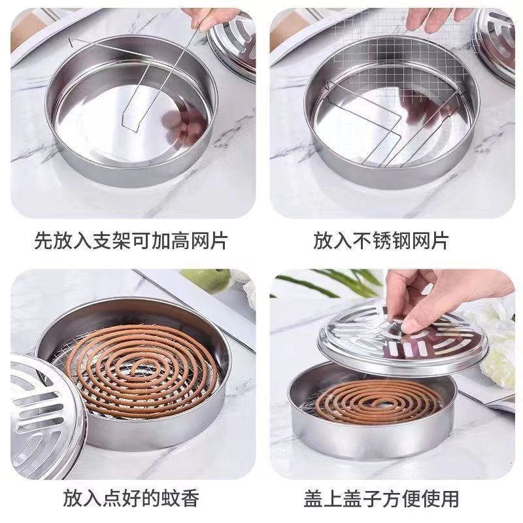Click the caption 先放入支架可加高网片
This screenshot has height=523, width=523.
coord(131,241)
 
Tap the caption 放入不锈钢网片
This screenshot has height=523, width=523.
coord(381,241)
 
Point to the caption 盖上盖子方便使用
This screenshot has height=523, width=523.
coord(381,499)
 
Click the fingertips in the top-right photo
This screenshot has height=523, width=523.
coord(435,18)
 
